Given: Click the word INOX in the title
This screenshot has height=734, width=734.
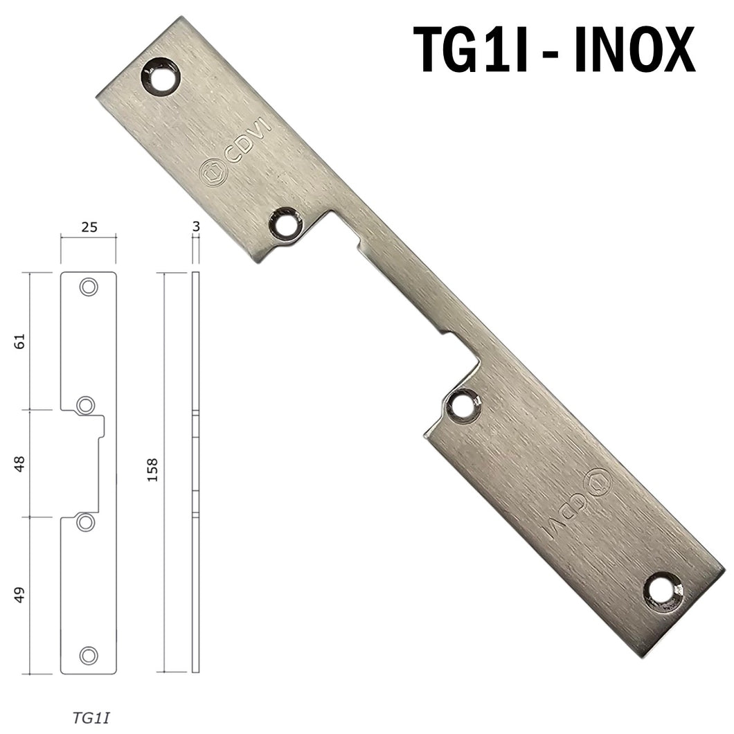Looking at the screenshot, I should pyautogui.click(x=634, y=50).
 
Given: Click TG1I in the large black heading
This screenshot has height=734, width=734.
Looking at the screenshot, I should pyautogui.click(x=470, y=50).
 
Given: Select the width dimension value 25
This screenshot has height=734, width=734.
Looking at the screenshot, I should pyautogui.click(x=88, y=226).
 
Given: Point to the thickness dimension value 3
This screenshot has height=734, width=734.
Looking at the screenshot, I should pyautogui.click(x=195, y=226).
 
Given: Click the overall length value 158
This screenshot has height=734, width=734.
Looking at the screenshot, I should pyautogui.click(x=153, y=472).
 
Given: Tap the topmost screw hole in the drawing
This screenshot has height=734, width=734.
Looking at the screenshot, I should pyautogui.click(x=88, y=287).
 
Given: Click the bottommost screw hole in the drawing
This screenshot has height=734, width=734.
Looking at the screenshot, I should pyautogui.click(x=88, y=655).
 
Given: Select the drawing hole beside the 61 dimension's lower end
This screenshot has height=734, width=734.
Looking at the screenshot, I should pyautogui.click(x=85, y=405).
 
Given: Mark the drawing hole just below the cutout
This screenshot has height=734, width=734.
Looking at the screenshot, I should pyautogui.click(x=85, y=522).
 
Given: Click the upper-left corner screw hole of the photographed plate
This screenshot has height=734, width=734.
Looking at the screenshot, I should pyautogui.click(x=161, y=76).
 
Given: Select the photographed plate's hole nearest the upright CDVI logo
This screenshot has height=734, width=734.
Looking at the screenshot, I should pyautogui.click(x=286, y=224).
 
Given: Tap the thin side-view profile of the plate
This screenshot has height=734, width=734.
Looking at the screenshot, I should pyautogui.click(x=195, y=472).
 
